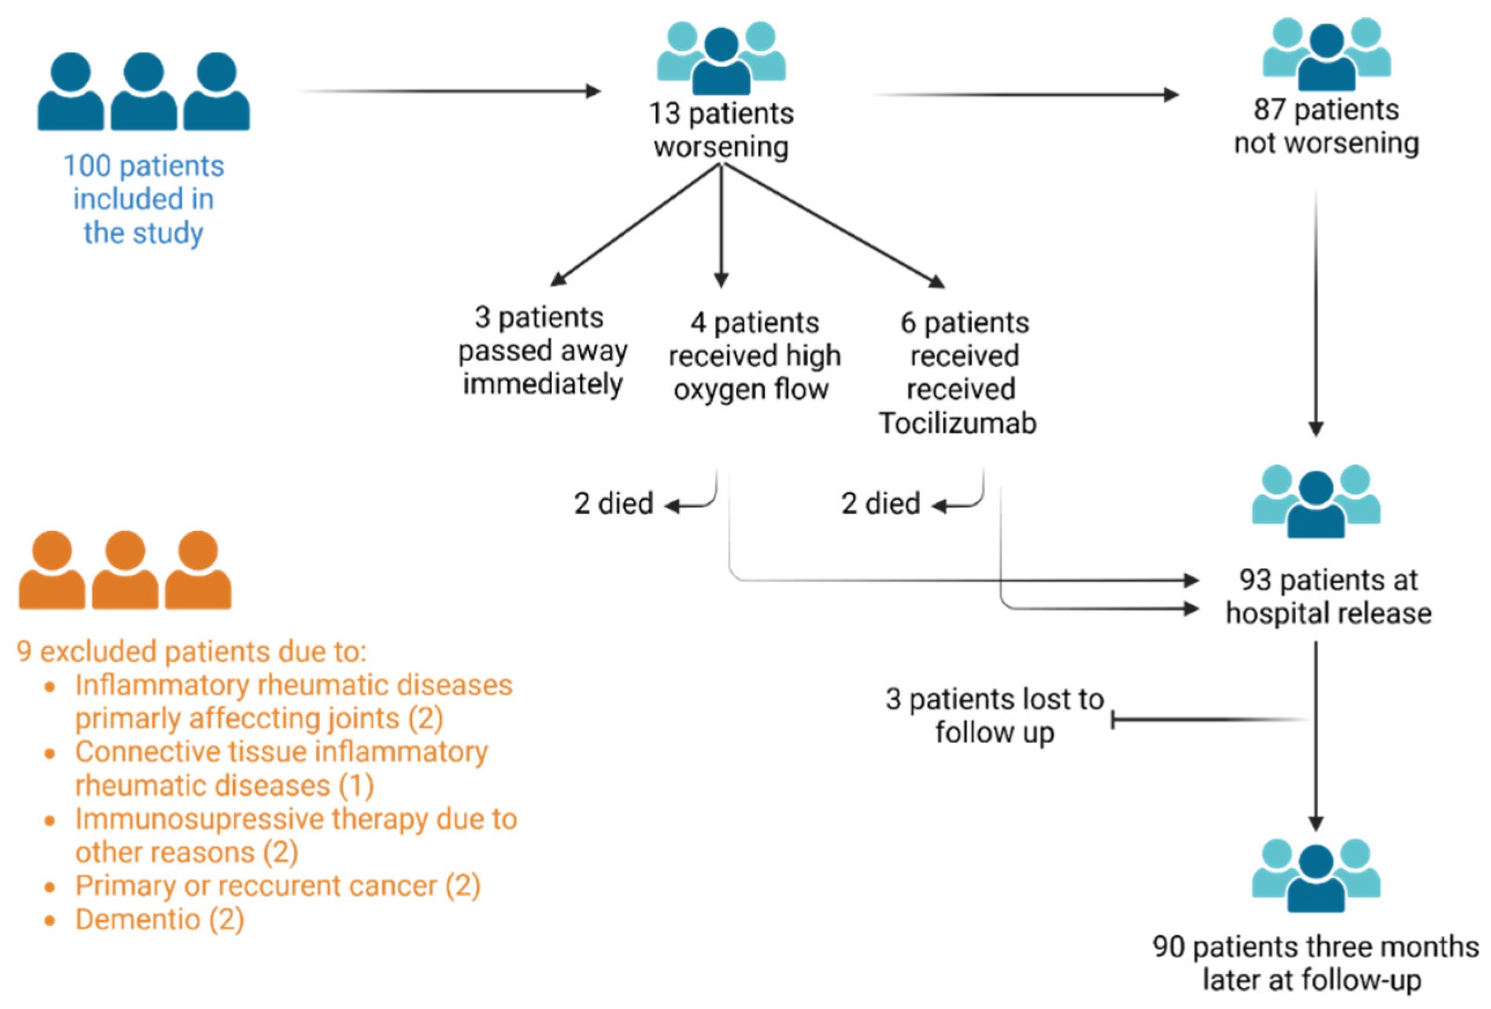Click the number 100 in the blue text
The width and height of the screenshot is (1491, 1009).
[x=87, y=166]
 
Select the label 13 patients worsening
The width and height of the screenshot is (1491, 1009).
[x=721, y=129]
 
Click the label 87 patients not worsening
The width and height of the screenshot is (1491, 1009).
[x=1326, y=127]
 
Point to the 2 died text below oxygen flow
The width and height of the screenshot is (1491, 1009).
[x=613, y=503]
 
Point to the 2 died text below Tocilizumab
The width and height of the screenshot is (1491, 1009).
[x=880, y=503]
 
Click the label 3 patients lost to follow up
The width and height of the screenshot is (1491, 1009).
[x=994, y=716]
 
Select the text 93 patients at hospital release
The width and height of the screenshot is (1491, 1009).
[x=1328, y=596]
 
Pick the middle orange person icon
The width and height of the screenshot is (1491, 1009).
[x=125, y=570]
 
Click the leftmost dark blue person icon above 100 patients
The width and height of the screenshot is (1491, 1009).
[x=71, y=92]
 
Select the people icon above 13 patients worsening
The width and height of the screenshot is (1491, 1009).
[x=721, y=58]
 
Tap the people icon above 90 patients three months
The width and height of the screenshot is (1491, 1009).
[x=1316, y=875]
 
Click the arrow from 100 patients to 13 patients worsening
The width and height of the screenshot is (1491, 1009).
[x=449, y=92]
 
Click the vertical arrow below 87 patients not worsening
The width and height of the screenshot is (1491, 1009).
[x=1316, y=314]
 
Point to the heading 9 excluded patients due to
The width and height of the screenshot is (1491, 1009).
[x=191, y=651]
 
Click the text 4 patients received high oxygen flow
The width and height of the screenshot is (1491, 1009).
[x=754, y=356]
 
